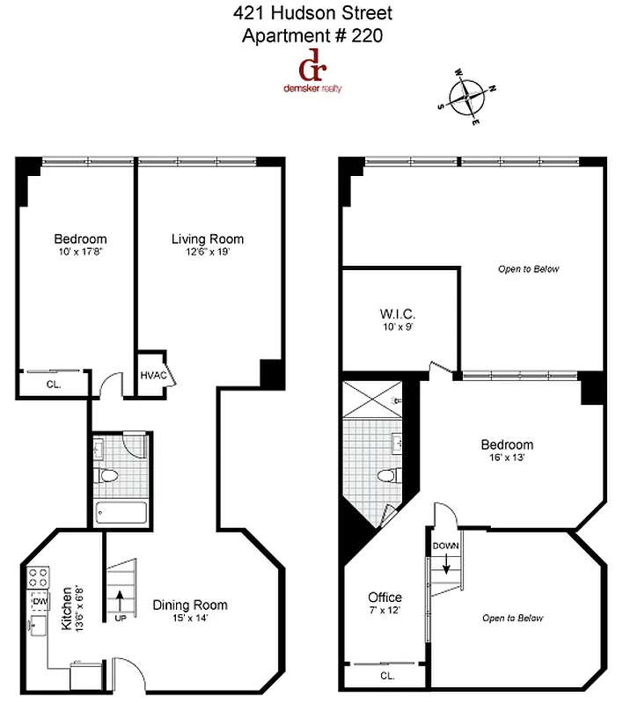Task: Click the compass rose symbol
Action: pyautogui.click(x=465, y=97)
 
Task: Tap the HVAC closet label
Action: pyautogui.click(x=153, y=376)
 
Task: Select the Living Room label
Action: pyautogui.click(x=208, y=238)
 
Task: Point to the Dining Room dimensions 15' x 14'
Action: pyautogui.click(x=190, y=618)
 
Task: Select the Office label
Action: pyautogui.click(x=385, y=598)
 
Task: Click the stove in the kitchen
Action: pyautogui.click(x=39, y=578)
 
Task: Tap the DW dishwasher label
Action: pyautogui.click(x=40, y=601)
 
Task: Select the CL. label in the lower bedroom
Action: pyautogui.click(x=53, y=383)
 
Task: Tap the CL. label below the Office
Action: pyautogui.click(x=387, y=676)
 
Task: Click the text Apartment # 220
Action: pyautogui.click(x=312, y=36)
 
